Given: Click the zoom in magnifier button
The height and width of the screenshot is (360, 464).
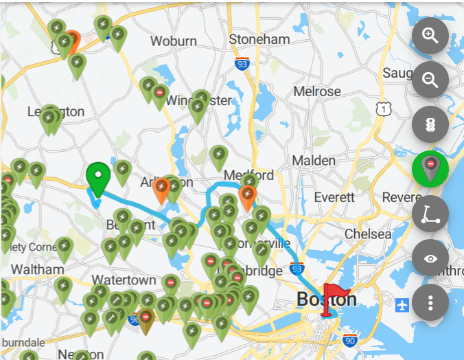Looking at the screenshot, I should pos(430,36).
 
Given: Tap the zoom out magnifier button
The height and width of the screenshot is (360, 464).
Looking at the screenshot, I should pos(430,80).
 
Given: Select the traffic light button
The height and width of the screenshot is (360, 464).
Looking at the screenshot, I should pos(430,125).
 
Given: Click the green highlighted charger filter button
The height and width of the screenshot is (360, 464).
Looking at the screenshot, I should pos(430,169).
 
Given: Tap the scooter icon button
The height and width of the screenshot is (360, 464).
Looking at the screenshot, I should pos(430,214).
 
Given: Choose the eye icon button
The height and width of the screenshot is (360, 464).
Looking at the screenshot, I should pos(430,258).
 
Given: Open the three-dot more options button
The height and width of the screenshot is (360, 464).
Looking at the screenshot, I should pos(430,303).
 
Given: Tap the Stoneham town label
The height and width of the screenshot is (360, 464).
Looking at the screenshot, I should pos(259,39).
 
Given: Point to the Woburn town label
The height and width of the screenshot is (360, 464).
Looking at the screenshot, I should pos(174,41).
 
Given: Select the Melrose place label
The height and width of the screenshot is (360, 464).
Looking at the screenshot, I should pos(317,91).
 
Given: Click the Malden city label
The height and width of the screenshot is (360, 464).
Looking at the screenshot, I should pos(314,160).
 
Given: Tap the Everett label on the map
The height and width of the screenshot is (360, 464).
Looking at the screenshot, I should pos(334,197).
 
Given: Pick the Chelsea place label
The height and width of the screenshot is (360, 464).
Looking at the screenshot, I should pos(368,234).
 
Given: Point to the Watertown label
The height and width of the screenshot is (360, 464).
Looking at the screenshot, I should pos(124,280).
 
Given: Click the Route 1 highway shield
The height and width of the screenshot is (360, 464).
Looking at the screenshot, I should pos(384,109).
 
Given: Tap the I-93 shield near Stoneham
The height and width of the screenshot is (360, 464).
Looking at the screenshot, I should pos(241,64).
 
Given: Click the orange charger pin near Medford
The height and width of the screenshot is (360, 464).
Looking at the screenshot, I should pos(247,197).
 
